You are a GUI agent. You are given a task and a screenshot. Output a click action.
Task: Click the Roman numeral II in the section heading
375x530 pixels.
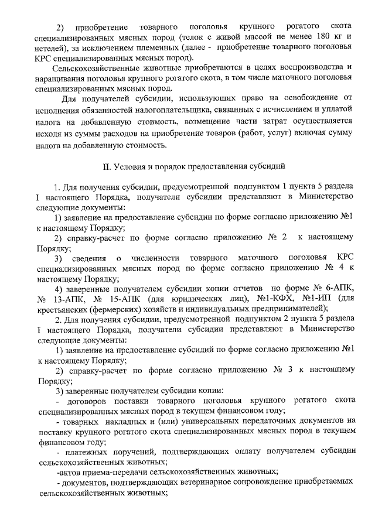tap(107, 165)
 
